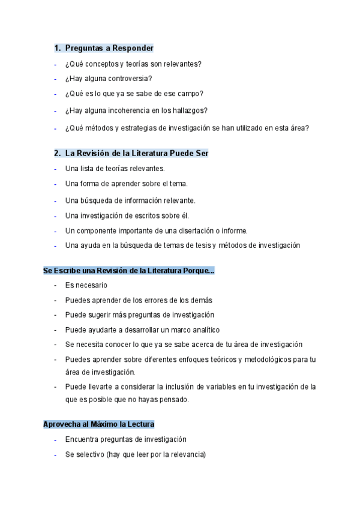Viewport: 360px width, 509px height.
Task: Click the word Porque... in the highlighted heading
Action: point(199,271)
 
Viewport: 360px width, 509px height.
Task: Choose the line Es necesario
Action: point(86,286)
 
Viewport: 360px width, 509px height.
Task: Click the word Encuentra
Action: point(83,439)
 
